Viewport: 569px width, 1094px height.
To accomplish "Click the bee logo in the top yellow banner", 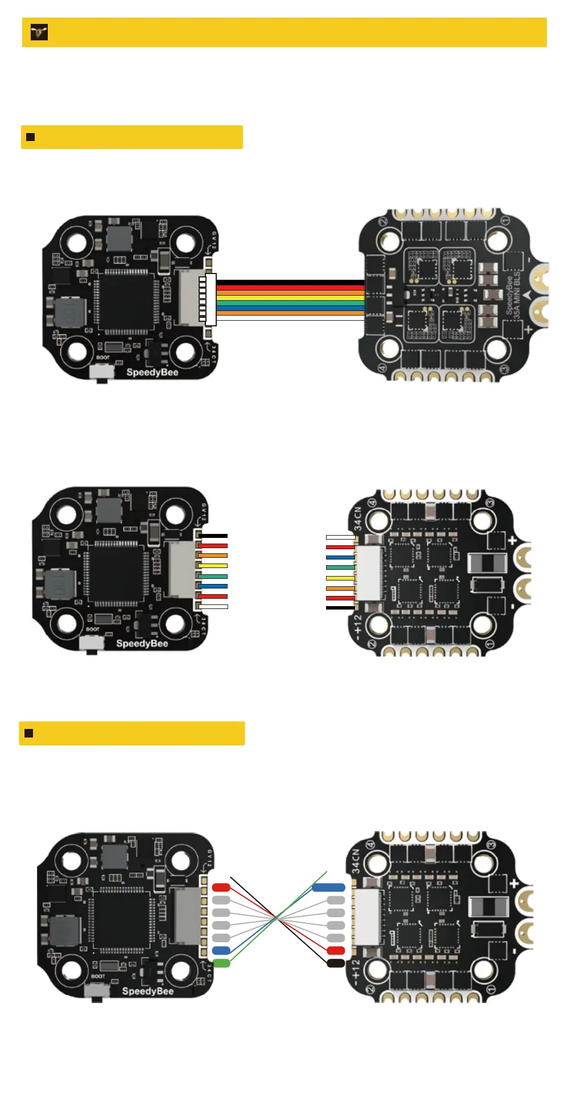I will point(39,32).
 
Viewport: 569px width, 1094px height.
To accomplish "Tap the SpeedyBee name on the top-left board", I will point(152,372).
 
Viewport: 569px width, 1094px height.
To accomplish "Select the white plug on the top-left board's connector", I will point(211,300).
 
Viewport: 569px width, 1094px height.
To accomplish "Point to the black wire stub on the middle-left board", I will point(213,536).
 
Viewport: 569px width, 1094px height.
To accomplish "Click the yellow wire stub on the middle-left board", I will point(213,566).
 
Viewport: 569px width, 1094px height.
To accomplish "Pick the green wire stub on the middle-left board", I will point(213,576).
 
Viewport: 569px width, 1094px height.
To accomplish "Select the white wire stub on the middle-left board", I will point(214,607).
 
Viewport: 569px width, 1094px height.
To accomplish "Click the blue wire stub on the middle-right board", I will point(340,557).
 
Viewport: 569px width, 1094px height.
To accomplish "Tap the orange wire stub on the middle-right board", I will point(340,588).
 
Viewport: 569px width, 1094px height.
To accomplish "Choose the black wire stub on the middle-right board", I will point(340,608).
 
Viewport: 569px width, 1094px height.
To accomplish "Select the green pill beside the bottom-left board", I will point(221,963).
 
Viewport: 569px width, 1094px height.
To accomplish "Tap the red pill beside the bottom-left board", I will point(221,887).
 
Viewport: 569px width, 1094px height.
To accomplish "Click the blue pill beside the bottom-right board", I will point(329,887).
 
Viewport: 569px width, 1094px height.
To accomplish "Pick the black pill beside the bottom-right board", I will point(336,963).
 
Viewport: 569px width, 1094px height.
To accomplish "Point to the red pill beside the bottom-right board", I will point(336,951).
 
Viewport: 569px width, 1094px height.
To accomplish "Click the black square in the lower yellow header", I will point(28,734).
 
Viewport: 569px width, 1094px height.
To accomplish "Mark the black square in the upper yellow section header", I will point(31,137).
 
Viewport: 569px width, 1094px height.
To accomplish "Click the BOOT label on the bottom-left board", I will point(98,976).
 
